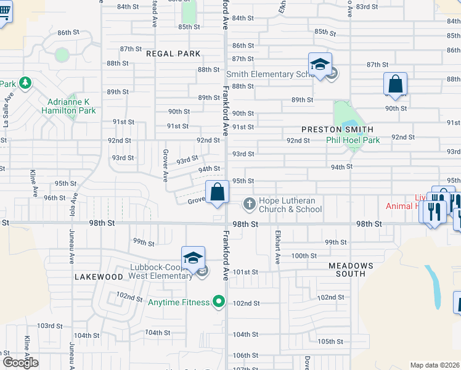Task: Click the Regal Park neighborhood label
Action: [173, 54]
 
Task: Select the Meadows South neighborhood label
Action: [351, 270]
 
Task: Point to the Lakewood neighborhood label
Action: [99, 277]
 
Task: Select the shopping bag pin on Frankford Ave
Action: [217, 192]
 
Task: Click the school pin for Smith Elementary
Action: [320, 65]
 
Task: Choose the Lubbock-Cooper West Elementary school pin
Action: [193, 258]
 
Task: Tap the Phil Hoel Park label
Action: [353, 140]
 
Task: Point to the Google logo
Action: [20, 363]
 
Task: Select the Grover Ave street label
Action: [165, 165]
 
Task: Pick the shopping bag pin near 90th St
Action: [395, 84]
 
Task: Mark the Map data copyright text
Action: [435, 365]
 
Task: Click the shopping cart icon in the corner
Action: [4, 14]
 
